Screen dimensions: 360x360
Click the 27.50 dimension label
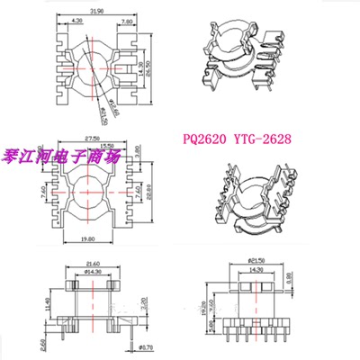(85, 137)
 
